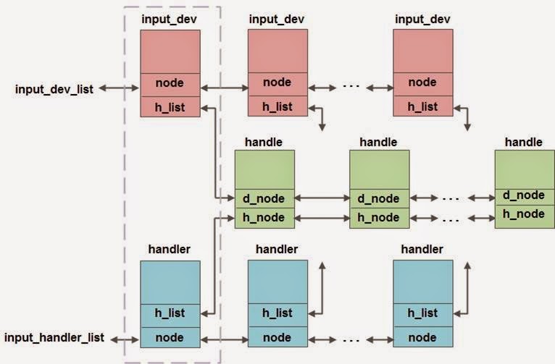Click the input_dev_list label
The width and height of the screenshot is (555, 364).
click(54, 89)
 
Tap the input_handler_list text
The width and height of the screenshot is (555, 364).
click(54, 337)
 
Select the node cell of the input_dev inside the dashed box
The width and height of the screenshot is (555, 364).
click(170, 82)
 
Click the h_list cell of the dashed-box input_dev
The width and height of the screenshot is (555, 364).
click(170, 107)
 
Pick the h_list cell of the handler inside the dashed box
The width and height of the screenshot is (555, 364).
click(170, 313)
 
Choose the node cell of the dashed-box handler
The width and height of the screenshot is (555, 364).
click(170, 337)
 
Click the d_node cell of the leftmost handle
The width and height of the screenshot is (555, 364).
click(264, 198)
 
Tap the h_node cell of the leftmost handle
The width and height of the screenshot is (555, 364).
click(264, 217)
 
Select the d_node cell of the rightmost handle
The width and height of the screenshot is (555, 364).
click(524, 195)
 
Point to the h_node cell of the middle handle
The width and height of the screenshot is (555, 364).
click(380, 217)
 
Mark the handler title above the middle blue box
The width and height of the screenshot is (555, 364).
click(277, 249)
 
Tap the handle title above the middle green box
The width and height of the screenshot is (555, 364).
click(379, 142)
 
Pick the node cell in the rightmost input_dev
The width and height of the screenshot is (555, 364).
click(422, 82)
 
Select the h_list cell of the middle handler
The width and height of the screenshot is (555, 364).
click(277, 313)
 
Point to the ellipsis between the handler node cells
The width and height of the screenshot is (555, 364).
click(351, 337)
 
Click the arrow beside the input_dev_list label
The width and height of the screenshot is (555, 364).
click(119, 89)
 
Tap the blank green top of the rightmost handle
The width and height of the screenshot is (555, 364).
click(524, 167)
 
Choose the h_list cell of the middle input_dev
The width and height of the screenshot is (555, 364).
click(277, 107)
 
